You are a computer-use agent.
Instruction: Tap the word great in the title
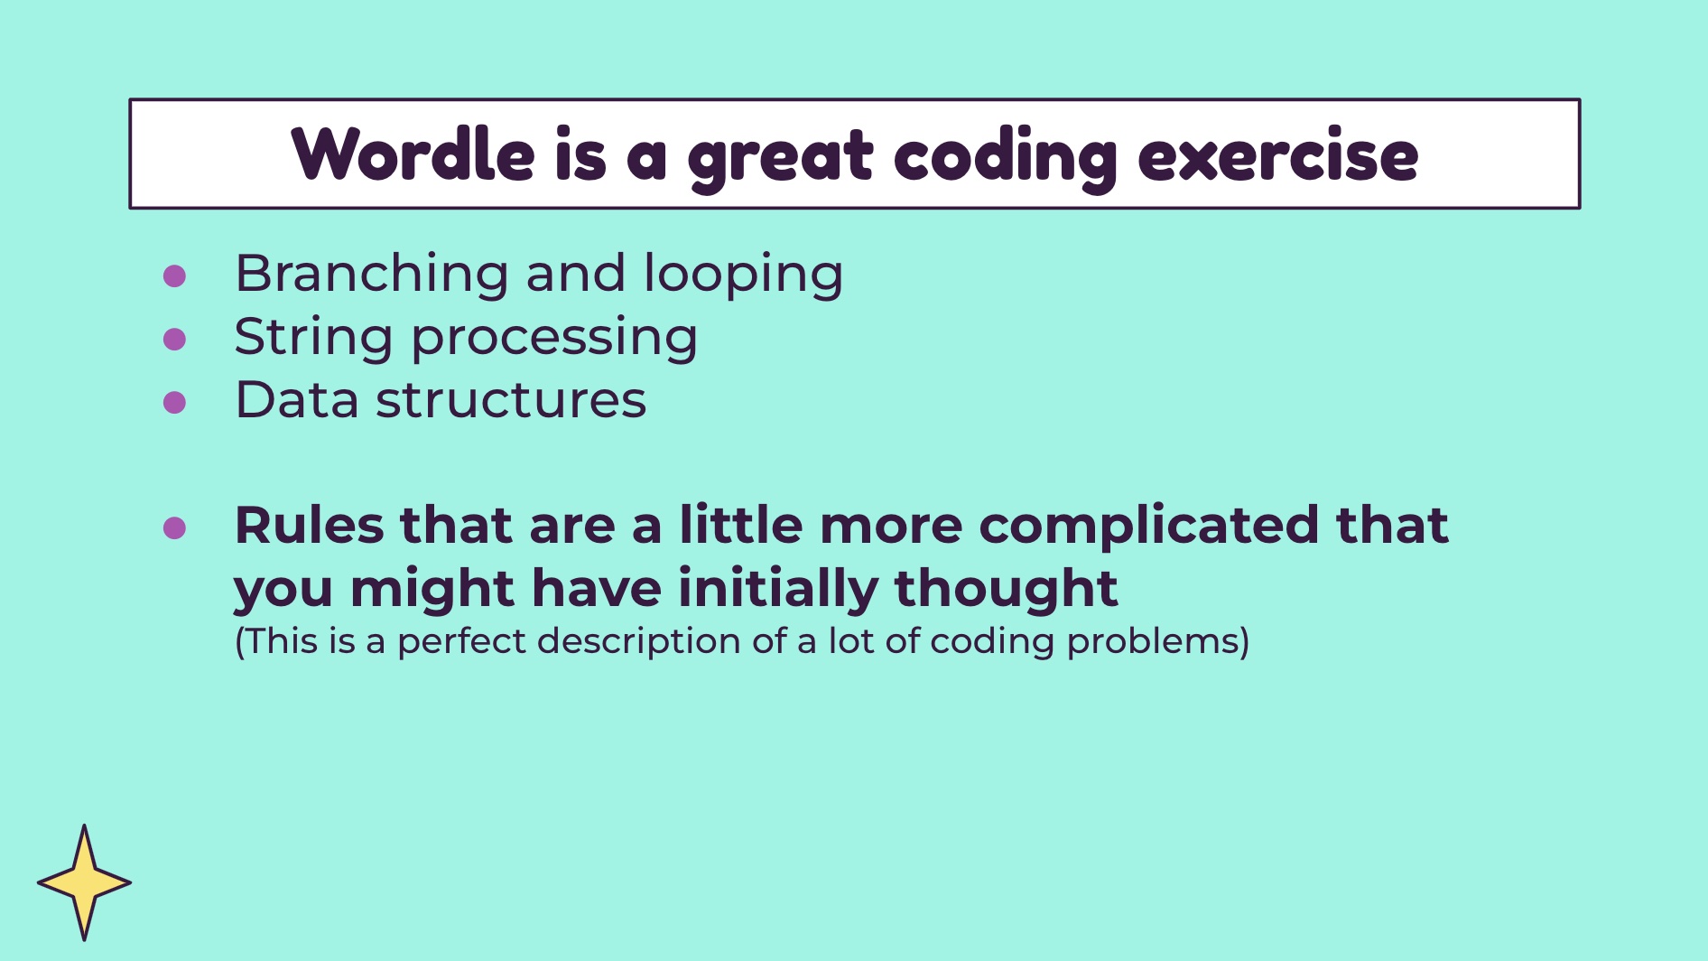coord(781,159)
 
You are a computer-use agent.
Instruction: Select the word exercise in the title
coord(1278,155)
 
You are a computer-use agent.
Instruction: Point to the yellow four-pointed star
coord(84,882)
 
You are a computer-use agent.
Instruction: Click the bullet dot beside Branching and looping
coord(174,275)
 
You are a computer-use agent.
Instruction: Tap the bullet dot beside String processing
coord(174,339)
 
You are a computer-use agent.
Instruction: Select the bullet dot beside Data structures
coord(174,402)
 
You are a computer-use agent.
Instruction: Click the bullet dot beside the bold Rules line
coord(174,527)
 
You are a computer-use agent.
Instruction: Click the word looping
coord(743,275)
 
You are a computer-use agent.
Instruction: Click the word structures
coord(511,401)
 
